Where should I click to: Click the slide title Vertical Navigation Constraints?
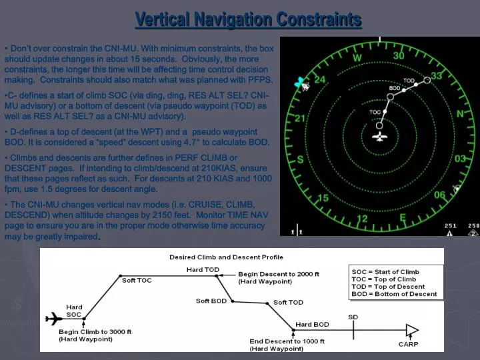tap(248, 19)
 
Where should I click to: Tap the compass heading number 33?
tap(437, 76)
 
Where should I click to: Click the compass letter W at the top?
tap(357, 57)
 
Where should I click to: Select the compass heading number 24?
tap(320, 79)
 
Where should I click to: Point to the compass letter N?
tap(460, 114)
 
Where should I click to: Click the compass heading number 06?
tap(440, 195)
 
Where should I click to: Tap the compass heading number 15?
tap(323, 198)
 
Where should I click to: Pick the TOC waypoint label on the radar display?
tap(375, 112)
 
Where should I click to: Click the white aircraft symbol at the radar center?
tap(380, 137)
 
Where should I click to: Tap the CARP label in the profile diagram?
tap(408, 344)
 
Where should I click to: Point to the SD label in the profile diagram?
tap(353, 317)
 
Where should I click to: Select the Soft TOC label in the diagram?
tap(137, 280)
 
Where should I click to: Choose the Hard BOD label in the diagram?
tap(312, 325)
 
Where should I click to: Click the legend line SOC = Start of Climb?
tap(385, 272)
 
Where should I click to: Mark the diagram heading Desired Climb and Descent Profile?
tap(226, 257)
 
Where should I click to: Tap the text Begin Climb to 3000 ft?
tap(95, 331)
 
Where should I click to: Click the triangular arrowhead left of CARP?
tap(411, 329)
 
